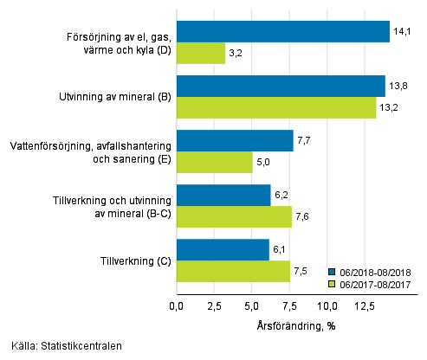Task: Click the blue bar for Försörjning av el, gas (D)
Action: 282,32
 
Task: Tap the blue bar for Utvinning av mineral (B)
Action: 281,87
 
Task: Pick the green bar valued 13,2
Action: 275,107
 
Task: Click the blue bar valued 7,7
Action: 235,140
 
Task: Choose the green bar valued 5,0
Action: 214,162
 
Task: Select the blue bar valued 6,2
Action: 223,195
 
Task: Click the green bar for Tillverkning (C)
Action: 233,271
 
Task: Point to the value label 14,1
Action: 404,32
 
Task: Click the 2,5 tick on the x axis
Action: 214,305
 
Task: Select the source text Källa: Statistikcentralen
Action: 61,346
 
